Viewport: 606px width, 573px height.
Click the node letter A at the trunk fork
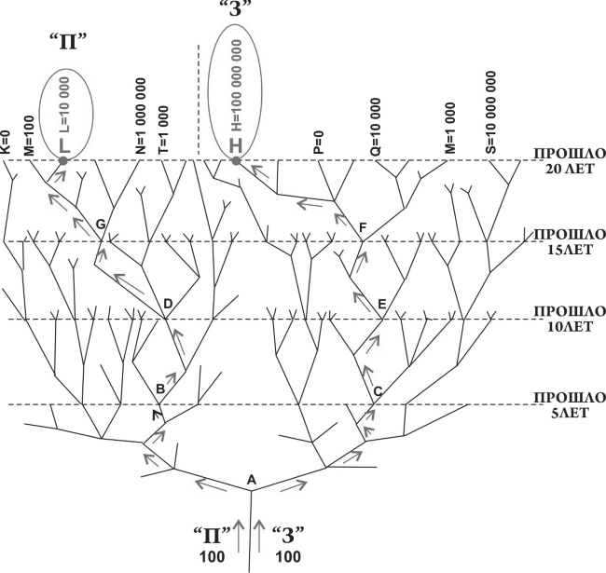click(252, 480)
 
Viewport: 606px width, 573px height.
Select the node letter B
click(160, 388)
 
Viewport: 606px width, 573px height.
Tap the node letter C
click(378, 391)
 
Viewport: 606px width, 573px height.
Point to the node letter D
click(168, 304)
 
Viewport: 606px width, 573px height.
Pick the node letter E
click(382, 305)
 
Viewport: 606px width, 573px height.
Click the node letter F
click(362, 227)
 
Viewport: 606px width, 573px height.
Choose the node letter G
click(101, 225)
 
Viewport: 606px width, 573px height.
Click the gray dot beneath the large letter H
click(236, 160)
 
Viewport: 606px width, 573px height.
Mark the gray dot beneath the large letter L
click(63, 160)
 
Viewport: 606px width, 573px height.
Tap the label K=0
click(7, 142)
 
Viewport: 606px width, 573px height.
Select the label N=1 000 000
click(141, 116)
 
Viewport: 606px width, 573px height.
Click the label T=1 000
click(163, 130)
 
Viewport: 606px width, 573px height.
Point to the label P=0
click(320, 143)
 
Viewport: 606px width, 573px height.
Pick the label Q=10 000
click(376, 127)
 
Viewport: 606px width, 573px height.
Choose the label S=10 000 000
click(490, 112)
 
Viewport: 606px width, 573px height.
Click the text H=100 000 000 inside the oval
click(235, 86)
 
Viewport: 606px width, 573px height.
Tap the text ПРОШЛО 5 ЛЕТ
click(570, 405)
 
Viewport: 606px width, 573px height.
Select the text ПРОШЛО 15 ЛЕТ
click(570, 241)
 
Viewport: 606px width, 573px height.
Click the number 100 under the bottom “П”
click(212, 557)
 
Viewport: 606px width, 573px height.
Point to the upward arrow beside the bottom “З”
click(258, 536)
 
